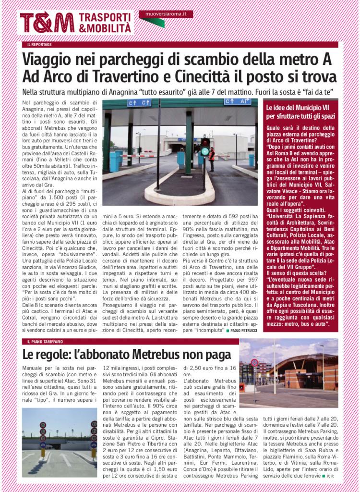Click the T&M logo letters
(x=47, y=23)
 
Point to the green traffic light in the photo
(x=205, y=151)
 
